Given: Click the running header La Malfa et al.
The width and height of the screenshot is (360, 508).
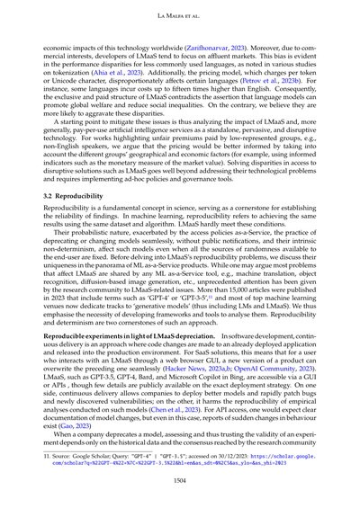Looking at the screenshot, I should pos(179,17).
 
